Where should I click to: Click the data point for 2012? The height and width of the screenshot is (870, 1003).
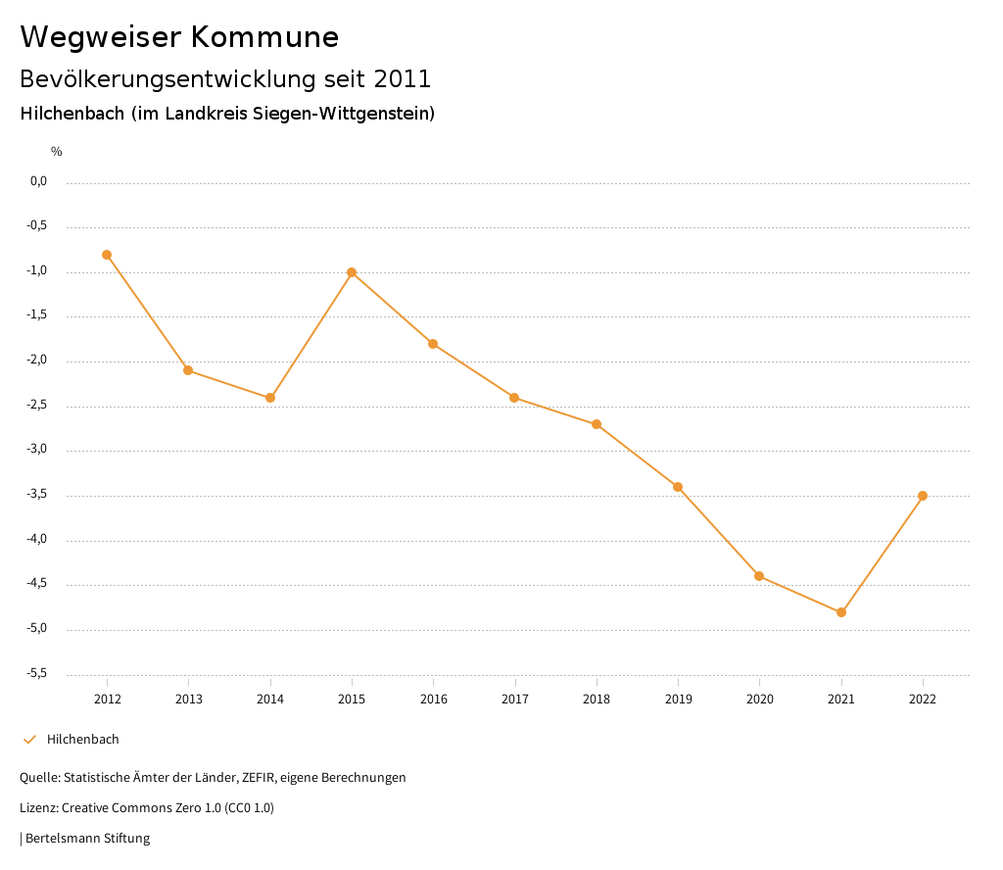click(x=107, y=255)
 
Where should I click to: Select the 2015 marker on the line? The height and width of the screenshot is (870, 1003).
click(x=352, y=272)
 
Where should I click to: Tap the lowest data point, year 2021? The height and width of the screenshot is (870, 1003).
click(x=841, y=612)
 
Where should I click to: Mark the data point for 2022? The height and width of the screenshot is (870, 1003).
click(x=923, y=496)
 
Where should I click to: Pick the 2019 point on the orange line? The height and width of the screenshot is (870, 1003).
click(x=678, y=487)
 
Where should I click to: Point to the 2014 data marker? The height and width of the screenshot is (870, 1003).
click(x=270, y=398)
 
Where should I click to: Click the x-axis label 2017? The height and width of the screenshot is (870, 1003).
click(x=515, y=699)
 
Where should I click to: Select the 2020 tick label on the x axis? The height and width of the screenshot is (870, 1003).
click(x=760, y=699)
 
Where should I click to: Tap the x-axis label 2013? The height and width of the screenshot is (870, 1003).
click(x=189, y=699)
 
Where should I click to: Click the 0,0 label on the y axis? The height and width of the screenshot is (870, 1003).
click(x=38, y=181)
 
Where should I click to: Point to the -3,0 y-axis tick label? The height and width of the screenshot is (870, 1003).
click(x=37, y=450)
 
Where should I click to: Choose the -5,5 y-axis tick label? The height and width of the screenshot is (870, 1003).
click(x=37, y=673)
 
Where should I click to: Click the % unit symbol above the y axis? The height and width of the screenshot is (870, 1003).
click(x=57, y=151)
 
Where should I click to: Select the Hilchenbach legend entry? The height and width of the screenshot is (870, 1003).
click(x=82, y=739)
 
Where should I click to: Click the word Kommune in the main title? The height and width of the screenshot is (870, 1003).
click(x=265, y=37)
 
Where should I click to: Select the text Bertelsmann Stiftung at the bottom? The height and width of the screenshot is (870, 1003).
click(x=87, y=838)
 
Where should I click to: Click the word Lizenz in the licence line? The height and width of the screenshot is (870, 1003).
click(x=38, y=808)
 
